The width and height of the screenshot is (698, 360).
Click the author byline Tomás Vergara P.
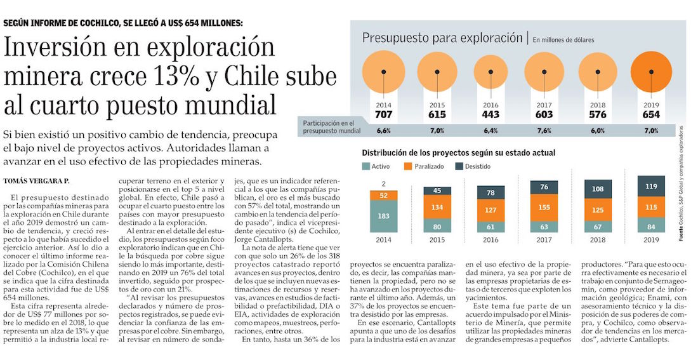click(x=36, y=180)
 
